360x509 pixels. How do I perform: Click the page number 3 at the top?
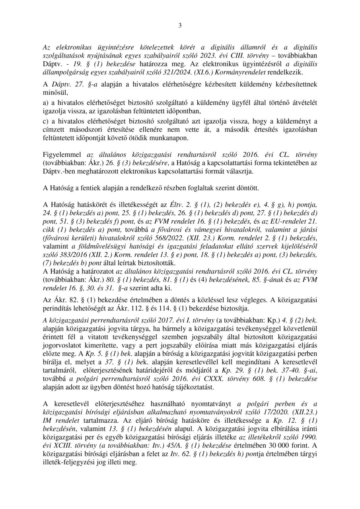[180, 26]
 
